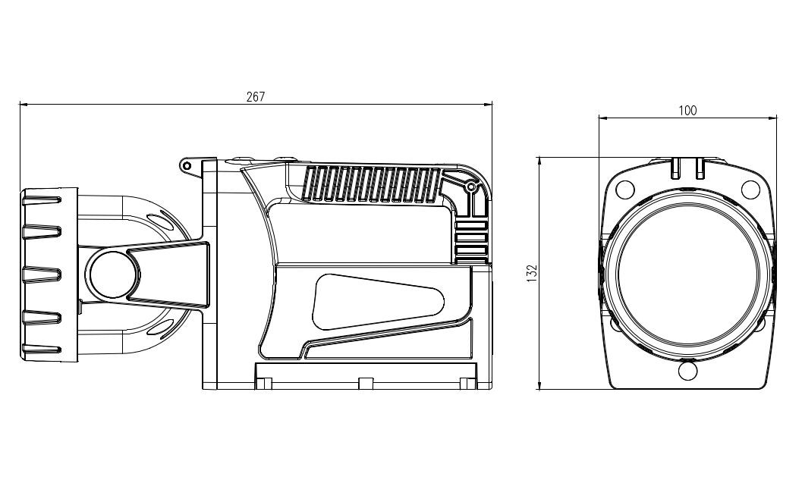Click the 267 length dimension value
coord(256,96)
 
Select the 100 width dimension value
coord(687,111)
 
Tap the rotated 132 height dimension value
coord(531,273)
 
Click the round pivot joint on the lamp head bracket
coord(112,274)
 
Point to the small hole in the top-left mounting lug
coord(185,165)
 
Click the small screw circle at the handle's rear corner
coord(471,185)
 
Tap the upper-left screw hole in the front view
coord(624,188)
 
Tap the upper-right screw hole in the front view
coord(749,188)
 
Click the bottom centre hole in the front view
coord(687,371)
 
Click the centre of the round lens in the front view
coord(687,274)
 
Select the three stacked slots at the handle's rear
coord(471,241)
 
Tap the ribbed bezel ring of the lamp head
coord(48,274)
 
